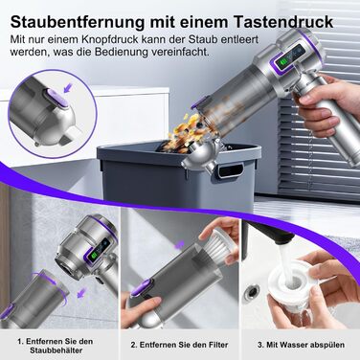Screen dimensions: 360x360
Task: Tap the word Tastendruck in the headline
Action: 283,22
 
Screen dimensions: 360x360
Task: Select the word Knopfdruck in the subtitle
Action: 110,40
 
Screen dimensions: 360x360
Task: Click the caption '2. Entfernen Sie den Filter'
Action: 179,345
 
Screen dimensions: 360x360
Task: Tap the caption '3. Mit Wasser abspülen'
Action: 301,345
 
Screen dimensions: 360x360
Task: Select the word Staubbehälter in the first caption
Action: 56,350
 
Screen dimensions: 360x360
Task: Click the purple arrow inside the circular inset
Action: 69,88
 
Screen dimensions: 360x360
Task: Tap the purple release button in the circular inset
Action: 56,97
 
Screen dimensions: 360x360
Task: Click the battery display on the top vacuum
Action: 289,56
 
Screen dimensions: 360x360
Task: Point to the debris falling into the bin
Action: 184,132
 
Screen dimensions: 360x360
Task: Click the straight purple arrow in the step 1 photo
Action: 82,292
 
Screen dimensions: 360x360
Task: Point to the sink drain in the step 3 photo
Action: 251,293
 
